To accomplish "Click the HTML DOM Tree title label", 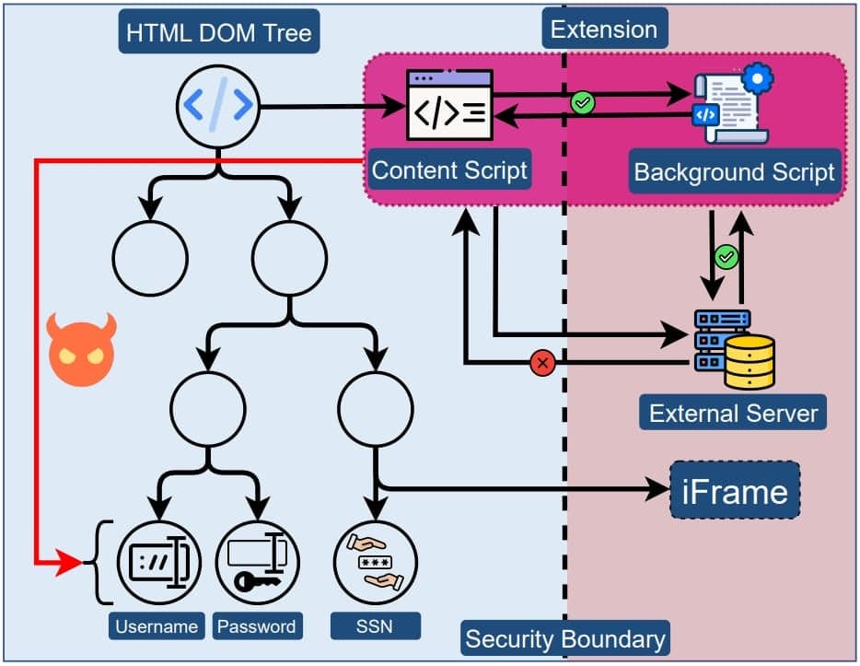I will click(218, 34).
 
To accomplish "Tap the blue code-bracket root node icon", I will click(217, 107).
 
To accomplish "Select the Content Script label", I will click(449, 170).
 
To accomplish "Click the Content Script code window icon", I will click(449, 105).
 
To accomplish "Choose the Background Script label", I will click(734, 172).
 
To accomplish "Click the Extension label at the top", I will click(603, 29).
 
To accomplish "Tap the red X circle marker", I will click(543, 363).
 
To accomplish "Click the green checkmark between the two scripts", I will click(583, 103).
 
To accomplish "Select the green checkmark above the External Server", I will click(726, 257).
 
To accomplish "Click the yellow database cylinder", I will click(750, 362).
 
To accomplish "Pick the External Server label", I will click(733, 413).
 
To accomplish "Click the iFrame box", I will click(735, 491).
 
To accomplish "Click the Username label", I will click(157, 626).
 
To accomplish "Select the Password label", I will click(257, 626).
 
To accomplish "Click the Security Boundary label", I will click(564, 638).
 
